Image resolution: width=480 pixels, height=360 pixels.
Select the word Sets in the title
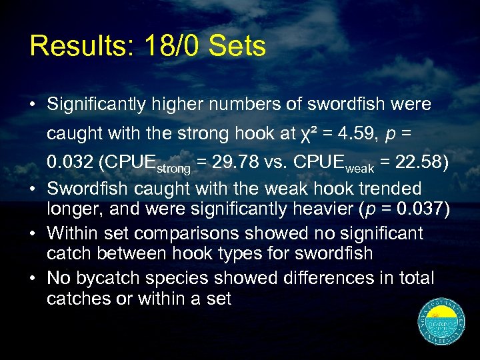click(237, 46)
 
